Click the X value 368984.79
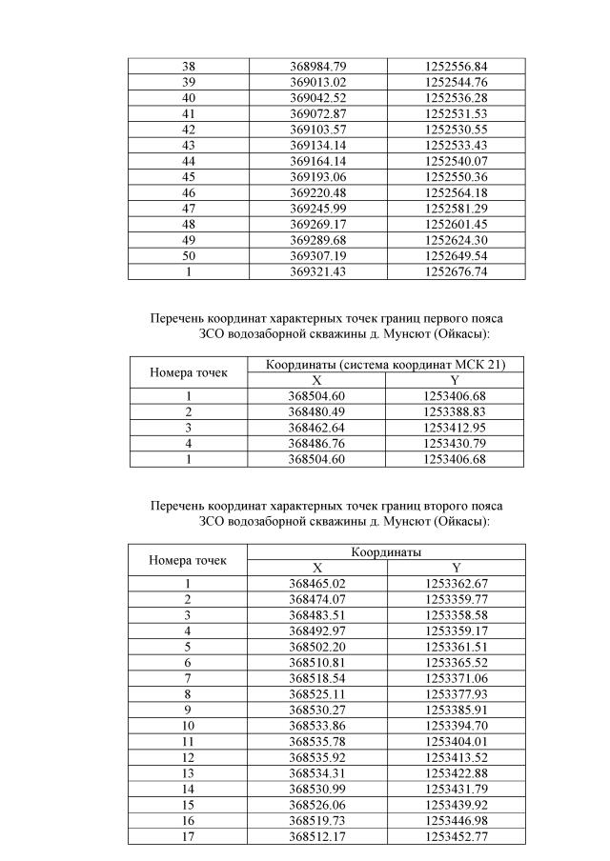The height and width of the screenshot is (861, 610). (x=317, y=67)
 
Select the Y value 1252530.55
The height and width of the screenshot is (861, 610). (x=456, y=129)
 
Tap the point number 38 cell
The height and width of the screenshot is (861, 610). (x=189, y=67)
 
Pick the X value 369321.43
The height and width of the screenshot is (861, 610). (x=317, y=271)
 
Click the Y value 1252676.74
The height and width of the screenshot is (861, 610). (x=456, y=271)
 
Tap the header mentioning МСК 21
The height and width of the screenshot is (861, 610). (x=386, y=365)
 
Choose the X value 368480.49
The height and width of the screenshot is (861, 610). (x=317, y=411)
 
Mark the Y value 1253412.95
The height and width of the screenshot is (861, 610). (x=455, y=427)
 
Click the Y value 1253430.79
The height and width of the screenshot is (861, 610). (x=455, y=443)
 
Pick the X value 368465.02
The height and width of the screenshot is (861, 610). (x=317, y=583)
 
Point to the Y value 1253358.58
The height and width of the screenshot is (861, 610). (x=456, y=614)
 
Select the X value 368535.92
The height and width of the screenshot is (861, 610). (x=317, y=756)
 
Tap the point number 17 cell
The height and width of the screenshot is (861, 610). (x=189, y=835)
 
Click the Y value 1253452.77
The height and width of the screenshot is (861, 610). (x=456, y=835)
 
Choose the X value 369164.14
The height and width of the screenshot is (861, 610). (x=317, y=161)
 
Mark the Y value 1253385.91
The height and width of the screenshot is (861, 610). (x=456, y=709)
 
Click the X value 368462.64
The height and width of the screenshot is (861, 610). (x=317, y=427)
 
